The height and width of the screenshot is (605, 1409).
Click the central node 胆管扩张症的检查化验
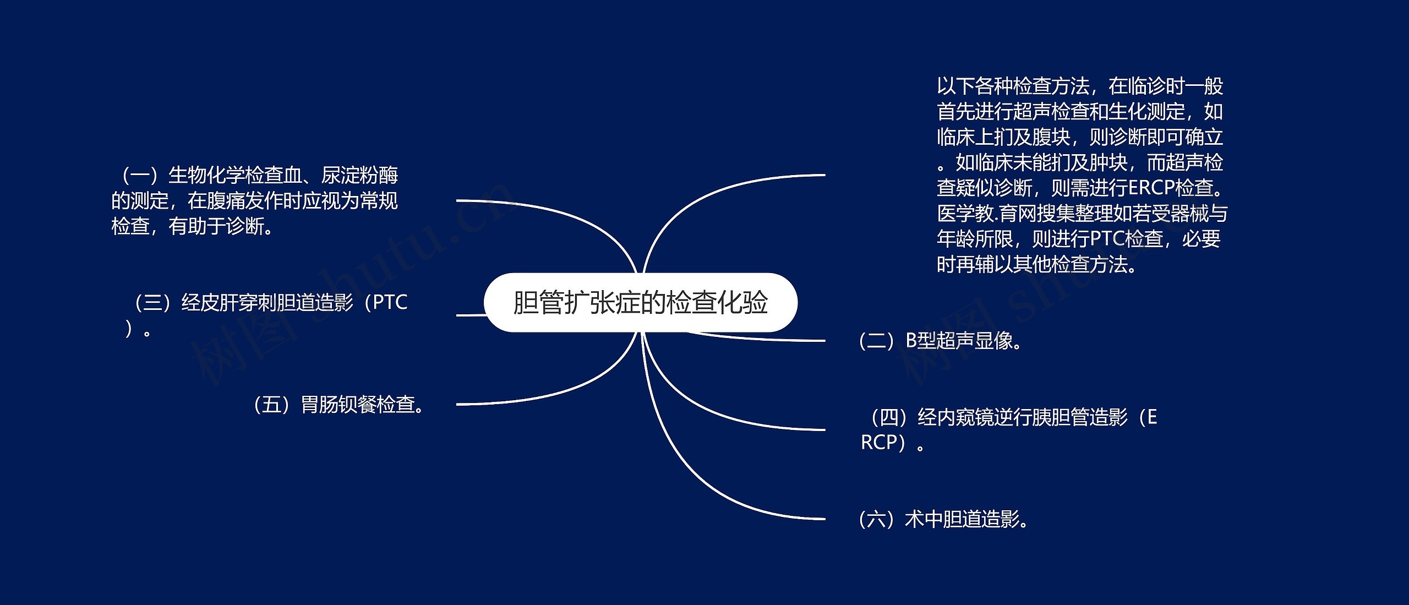point(640,302)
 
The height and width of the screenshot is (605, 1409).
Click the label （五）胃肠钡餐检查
point(338,405)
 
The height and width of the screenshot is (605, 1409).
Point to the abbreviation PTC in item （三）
point(390,302)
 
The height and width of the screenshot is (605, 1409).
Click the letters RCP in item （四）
point(880,443)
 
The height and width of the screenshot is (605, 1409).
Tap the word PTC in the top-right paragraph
point(1107,239)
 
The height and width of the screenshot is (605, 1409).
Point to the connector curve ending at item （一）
point(550,212)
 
